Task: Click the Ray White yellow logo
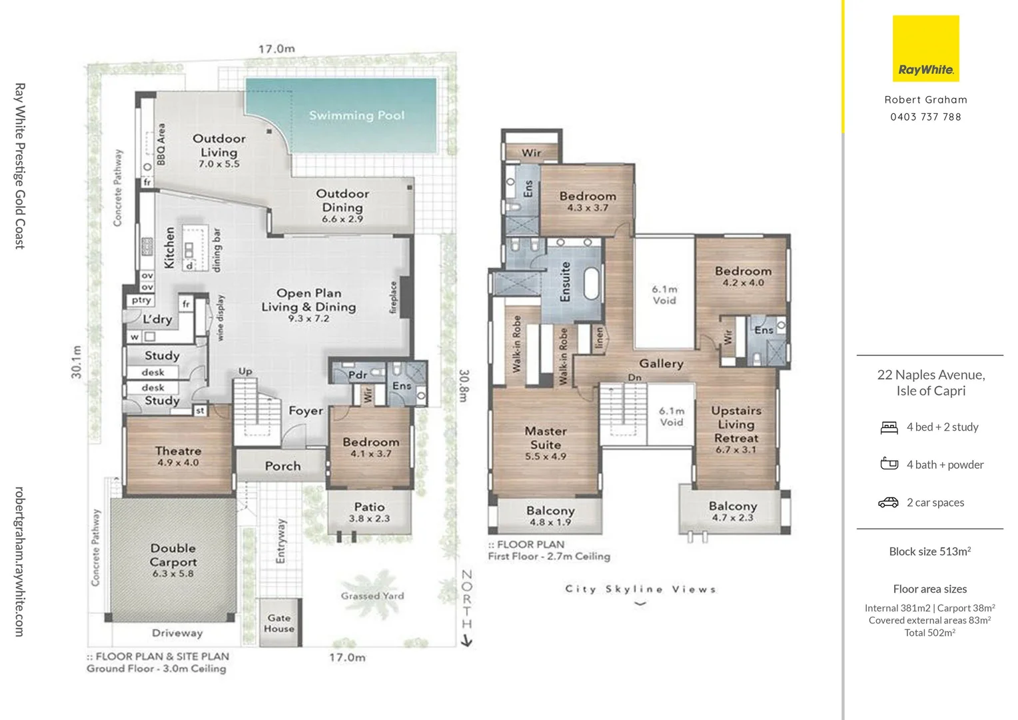click(925, 49)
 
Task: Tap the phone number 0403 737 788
click(925, 117)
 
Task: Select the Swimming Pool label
click(356, 115)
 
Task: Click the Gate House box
click(279, 623)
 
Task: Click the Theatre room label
click(178, 451)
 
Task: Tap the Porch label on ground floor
click(282, 466)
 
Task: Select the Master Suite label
click(546, 438)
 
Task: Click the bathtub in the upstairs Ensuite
click(592, 283)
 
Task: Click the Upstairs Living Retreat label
click(736, 425)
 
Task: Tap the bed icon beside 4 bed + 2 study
click(889, 427)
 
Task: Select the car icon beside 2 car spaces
click(888, 503)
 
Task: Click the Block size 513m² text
click(929, 551)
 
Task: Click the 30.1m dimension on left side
click(77, 362)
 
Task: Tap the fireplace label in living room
click(393, 297)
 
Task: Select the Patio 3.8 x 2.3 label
click(369, 512)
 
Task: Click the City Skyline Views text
click(640, 589)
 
